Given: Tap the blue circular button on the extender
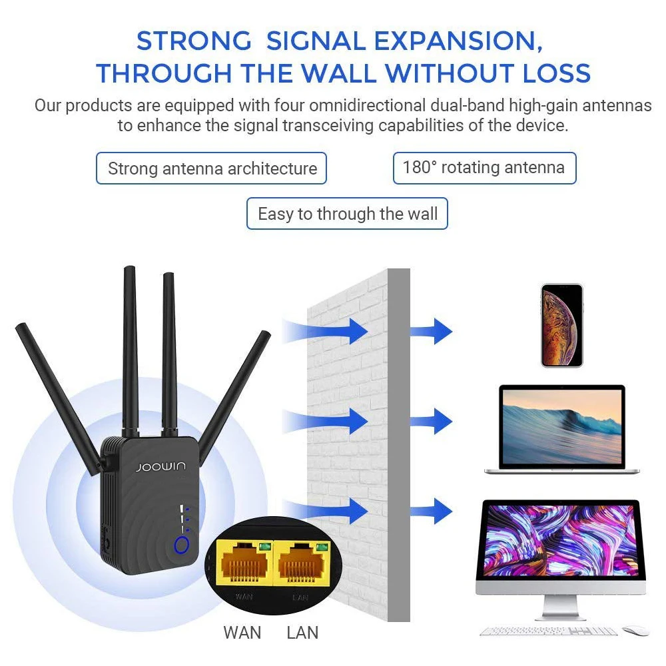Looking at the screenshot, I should point(181,546).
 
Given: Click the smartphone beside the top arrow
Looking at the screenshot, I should point(561,325).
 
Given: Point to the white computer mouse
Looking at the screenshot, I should point(635,631).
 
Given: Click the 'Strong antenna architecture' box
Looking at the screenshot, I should point(212,168).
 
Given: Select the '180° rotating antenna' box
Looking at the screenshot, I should point(484,168).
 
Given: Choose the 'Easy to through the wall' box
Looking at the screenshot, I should point(347,214).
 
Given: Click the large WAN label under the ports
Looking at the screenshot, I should point(242,632).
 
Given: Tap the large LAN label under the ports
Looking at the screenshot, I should point(302,632).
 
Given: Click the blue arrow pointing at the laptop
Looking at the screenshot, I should point(431,421).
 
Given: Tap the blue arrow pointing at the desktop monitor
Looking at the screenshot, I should point(431,511).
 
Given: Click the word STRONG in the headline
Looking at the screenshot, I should point(194,41).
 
